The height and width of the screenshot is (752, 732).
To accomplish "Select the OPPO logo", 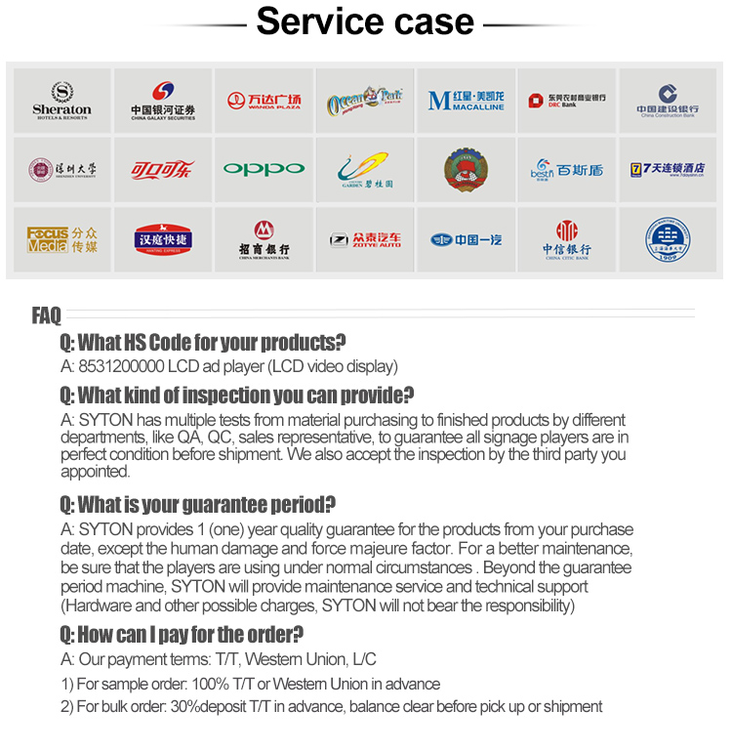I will click(264, 169).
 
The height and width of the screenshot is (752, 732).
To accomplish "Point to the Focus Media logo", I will click(61, 239).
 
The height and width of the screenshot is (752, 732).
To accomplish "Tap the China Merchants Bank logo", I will click(264, 239).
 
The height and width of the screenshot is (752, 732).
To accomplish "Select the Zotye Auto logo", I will click(364, 239).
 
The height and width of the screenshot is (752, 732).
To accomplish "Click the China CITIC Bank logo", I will click(566, 239).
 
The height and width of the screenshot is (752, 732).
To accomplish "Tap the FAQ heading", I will click(46, 315).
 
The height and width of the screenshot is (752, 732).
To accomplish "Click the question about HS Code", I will click(203, 343).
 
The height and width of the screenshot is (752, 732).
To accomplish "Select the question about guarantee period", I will click(198, 505).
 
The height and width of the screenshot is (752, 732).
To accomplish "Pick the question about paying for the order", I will click(182, 634).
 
